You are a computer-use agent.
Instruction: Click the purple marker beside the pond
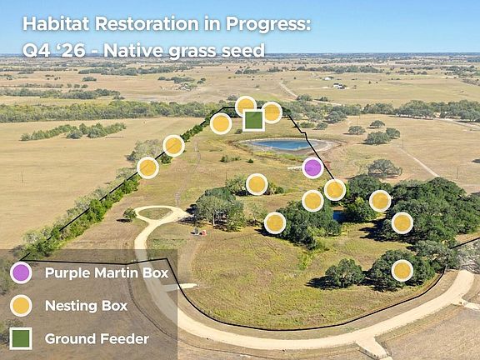(x=312, y=167)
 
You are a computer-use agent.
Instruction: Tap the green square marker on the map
(x=253, y=121)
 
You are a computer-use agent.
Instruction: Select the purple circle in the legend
(x=21, y=272)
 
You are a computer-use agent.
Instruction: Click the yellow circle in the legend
(x=21, y=306)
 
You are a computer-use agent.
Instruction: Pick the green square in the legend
(x=21, y=338)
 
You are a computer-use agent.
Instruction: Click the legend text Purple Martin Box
(x=107, y=272)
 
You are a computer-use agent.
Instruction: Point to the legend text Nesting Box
(x=86, y=306)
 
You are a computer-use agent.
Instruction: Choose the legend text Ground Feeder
(x=97, y=339)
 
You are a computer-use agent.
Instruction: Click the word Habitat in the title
(x=56, y=24)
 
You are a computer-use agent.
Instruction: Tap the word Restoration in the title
(x=147, y=24)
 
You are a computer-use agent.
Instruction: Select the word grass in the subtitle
(x=192, y=52)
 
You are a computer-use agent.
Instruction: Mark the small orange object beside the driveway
(x=203, y=233)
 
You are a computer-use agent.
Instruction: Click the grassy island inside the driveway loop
(x=155, y=212)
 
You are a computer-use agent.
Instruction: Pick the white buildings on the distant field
(x=338, y=86)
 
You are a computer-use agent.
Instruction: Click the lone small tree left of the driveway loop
(x=129, y=214)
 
